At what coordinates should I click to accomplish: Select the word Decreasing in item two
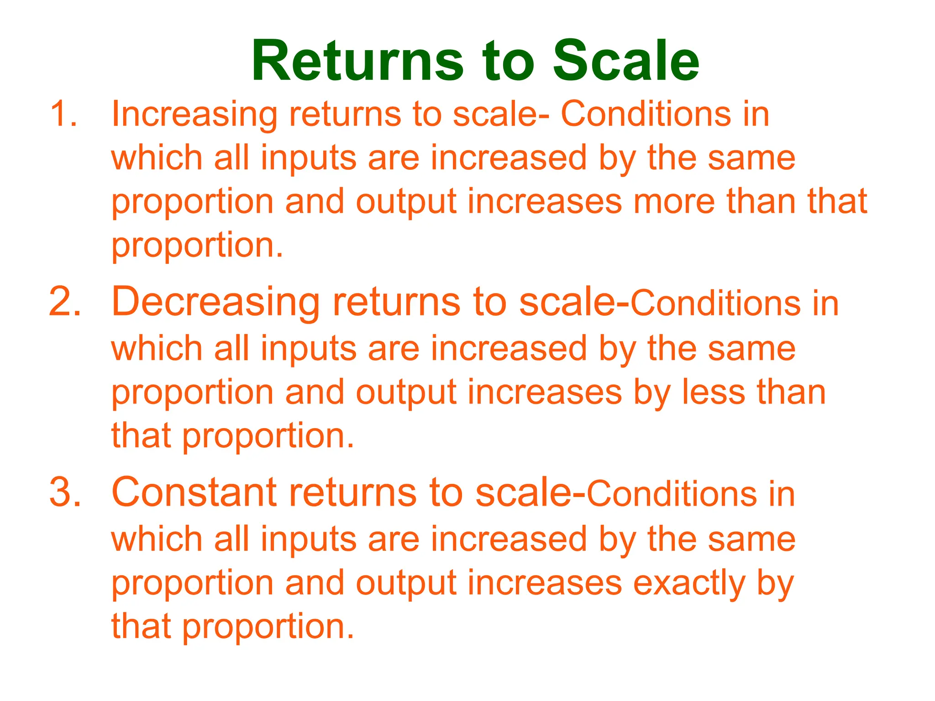coord(215,302)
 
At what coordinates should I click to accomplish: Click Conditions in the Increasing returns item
coord(646,114)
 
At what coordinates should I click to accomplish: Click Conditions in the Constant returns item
coord(671,494)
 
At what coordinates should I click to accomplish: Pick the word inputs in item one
coord(309,158)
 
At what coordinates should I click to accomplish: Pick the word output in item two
coord(406,393)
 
